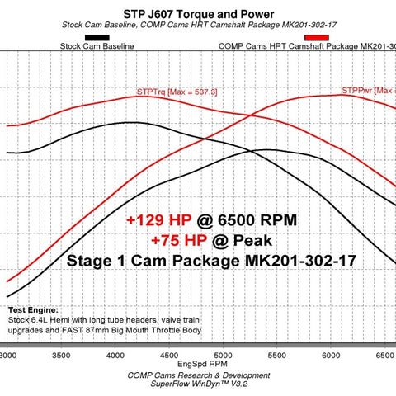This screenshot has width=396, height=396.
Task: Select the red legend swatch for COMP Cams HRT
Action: point(315,38)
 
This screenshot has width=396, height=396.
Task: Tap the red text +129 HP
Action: point(158,221)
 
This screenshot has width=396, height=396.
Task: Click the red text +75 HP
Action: point(177,240)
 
